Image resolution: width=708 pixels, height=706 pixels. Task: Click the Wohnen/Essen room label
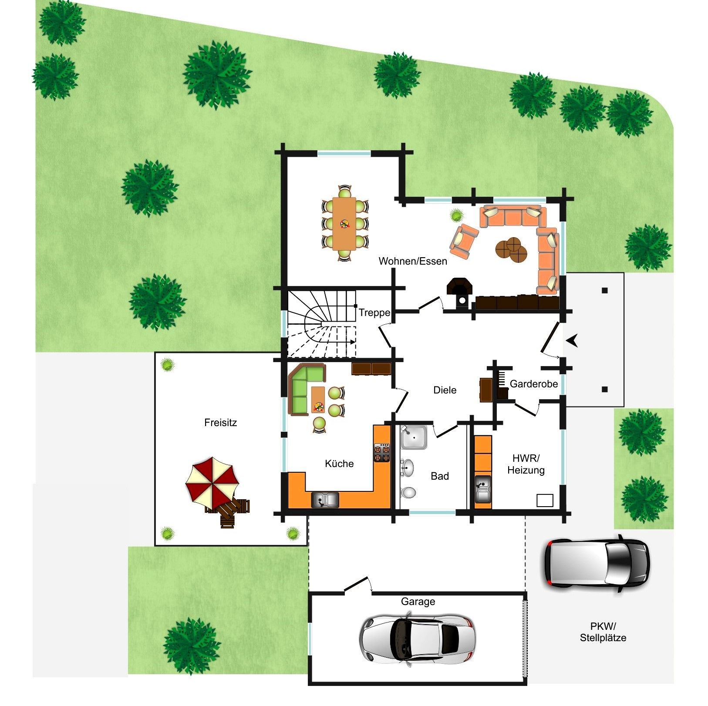[413, 261]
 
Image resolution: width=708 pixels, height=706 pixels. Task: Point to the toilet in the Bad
[408, 492]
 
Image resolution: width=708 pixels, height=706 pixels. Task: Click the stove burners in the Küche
[381, 453]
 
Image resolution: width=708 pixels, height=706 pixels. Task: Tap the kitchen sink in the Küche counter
[325, 500]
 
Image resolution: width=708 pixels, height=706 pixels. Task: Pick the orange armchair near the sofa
[464, 240]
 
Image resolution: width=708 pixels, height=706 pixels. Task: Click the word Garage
[418, 602]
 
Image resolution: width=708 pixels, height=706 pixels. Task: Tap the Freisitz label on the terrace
[220, 423]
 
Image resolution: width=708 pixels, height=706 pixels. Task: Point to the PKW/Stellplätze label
[603, 632]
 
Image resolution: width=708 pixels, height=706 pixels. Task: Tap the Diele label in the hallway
[445, 390]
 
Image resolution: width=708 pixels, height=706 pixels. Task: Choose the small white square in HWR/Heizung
[545, 501]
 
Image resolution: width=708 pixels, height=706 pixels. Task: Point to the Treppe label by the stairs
[374, 313]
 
